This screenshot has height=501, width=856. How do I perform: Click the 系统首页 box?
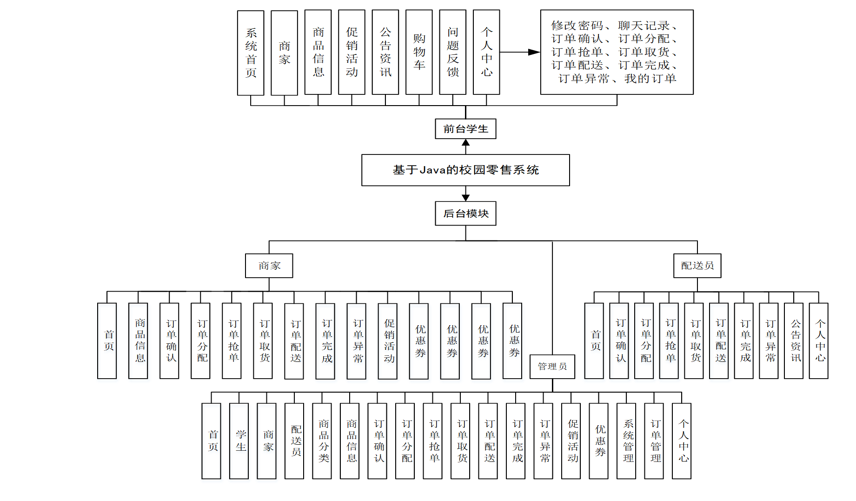(x=251, y=53)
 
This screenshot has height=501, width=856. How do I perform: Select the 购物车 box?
(x=419, y=52)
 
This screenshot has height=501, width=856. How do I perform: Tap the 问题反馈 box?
(x=453, y=52)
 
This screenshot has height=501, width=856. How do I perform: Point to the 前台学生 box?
(x=465, y=129)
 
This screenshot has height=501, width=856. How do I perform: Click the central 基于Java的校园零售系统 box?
(x=465, y=170)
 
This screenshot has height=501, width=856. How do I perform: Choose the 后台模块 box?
(x=465, y=214)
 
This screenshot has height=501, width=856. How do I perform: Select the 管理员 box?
(x=552, y=367)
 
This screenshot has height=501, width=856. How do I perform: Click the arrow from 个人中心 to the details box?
(x=518, y=52)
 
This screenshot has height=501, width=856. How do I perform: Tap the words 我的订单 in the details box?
(x=650, y=79)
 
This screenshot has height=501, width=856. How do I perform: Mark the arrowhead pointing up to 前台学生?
(x=465, y=143)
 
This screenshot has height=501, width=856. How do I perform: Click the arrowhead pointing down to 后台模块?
(x=465, y=198)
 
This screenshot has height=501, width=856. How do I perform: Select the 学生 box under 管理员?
(x=239, y=441)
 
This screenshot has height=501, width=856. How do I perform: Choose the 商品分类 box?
(x=322, y=441)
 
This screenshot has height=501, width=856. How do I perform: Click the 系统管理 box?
(x=626, y=441)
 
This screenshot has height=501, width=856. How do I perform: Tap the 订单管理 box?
(x=654, y=441)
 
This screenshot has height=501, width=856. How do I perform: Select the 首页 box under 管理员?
(x=211, y=441)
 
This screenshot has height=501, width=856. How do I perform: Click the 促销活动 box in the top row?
(x=352, y=52)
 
